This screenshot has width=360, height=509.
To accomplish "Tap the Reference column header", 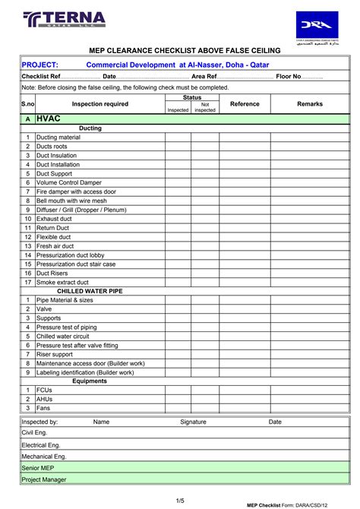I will (245, 104).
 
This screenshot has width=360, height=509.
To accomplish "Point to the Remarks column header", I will (310, 104).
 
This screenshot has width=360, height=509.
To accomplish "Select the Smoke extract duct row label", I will (62, 282).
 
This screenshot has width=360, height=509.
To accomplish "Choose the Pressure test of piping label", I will (69, 327).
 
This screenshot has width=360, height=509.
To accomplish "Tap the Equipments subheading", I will (90, 381).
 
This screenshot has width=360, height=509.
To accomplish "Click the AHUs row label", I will (45, 399).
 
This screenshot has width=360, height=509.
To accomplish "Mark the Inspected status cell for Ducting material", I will (178, 138).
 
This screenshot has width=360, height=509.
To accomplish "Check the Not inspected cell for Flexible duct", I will (205, 237).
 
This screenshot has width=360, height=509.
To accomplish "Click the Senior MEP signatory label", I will (37, 469).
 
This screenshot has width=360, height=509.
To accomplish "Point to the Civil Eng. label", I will (34, 432).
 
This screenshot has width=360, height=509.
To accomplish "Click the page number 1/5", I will (180, 499).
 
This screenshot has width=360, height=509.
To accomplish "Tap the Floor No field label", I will (289, 77).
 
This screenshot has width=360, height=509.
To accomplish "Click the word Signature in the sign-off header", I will (193, 422).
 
